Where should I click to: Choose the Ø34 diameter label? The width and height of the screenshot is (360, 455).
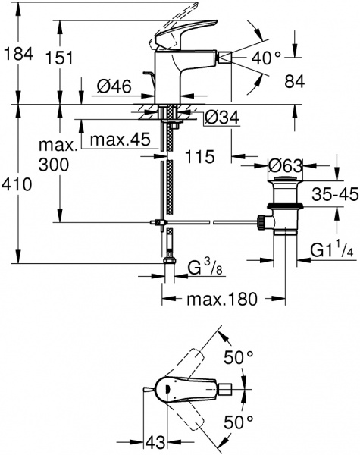223,118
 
